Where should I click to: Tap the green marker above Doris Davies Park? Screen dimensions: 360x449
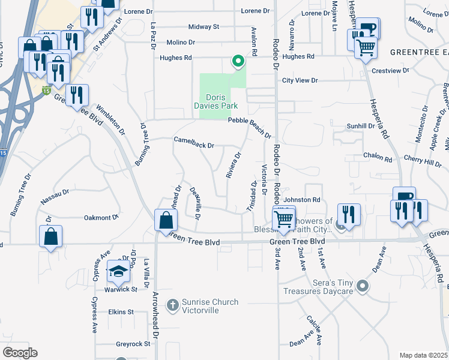(238, 61)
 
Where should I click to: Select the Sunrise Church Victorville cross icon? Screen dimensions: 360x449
(173, 305)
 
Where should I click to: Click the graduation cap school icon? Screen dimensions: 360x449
(118, 272)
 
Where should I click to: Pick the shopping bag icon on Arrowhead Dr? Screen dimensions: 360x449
(164, 220)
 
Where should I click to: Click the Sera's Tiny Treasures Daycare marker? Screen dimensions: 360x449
(362, 287)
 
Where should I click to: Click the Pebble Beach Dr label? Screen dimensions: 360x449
(250, 127)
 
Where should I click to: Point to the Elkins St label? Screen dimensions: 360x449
(121, 312)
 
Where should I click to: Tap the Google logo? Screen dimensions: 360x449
(20, 353)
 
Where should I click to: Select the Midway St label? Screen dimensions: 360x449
(203, 27)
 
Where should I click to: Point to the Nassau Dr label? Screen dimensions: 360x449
(55, 194)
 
